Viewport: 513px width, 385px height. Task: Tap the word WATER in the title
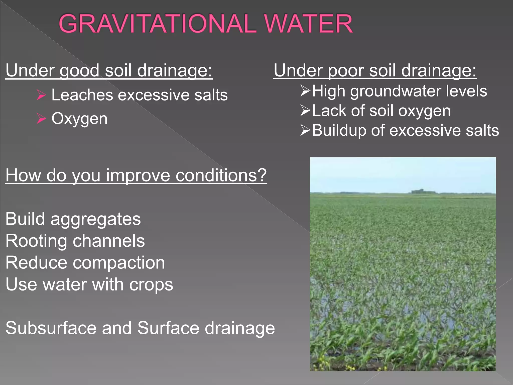308,24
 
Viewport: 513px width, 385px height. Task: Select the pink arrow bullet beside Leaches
41,95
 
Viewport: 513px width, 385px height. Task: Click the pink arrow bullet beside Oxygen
41,118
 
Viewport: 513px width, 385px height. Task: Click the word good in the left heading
79,71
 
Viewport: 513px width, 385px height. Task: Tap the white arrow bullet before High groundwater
305,90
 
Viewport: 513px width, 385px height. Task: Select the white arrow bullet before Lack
305,110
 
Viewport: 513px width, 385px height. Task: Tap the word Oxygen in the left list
79,119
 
